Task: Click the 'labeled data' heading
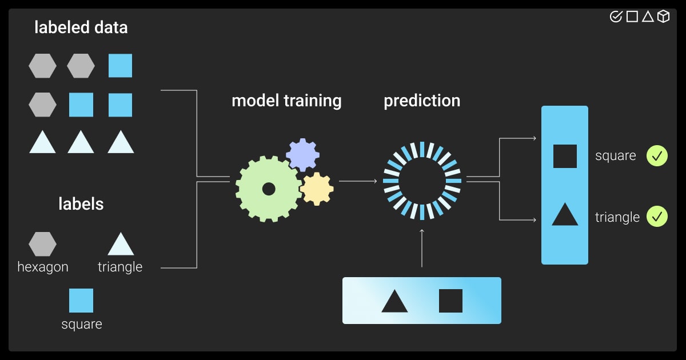pyautogui.click(x=81, y=27)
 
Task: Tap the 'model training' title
pyautogui.click(x=286, y=101)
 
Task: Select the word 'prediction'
pyautogui.click(x=422, y=101)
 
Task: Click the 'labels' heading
pyautogui.click(x=81, y=204)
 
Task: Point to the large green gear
pyautogui.click(x=268, y=189)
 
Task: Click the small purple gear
pyautogui.click(x=302, y=155)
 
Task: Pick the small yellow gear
pyautogui.click(x=317, y=189)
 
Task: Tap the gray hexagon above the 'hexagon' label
pyautogui.click(x=42, y=244)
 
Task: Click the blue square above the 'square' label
pyautogui.click(x=81, y=301)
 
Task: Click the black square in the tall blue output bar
pyautogui.click(x=565, y=156)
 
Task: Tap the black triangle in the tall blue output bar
pyautogui.click(x=565, y=215)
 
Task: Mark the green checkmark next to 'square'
pyautogui.click(x=657, y=155)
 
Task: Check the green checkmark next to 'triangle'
pyautogui.click(x=657, y=217)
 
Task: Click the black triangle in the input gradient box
pyautogui.click(x=394, y=302)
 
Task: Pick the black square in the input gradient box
pyautogui.click(x=450, y=301)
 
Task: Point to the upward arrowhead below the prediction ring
pyautogui.click(x=422, y=231)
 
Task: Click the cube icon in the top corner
pyautogui.click(x=663, y=17)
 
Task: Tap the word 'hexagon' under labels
pyautogui.click(x=43, y=267)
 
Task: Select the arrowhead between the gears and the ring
pyautogui.click(x=375, y=182)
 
